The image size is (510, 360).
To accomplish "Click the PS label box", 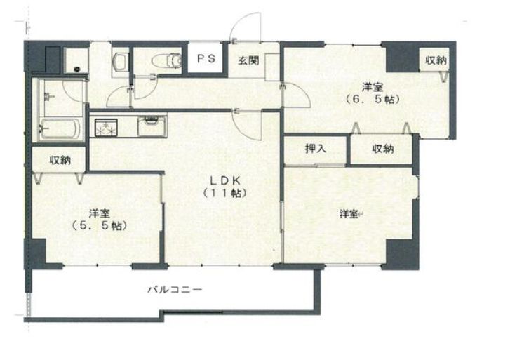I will point(205,59).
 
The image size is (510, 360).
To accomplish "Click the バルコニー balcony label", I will point(175,289).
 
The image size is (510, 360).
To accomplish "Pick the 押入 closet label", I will point(315,149).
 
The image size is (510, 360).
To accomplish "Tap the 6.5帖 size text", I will point(373,100).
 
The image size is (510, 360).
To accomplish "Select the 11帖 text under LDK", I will point(224,192).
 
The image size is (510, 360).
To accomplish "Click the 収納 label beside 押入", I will point(382,149).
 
